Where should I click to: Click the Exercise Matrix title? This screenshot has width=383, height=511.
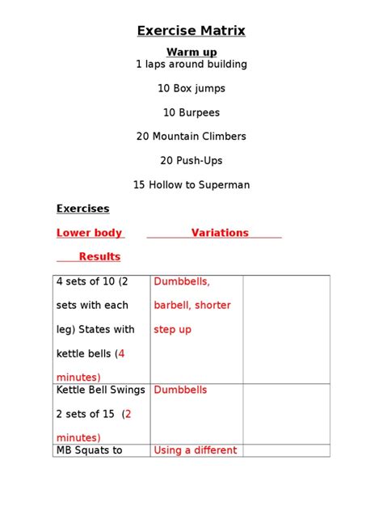click(x=191, y=32)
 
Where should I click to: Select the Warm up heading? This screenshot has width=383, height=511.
click(x=191, y=53)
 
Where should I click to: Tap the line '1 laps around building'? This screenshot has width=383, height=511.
click(x=191, y=64)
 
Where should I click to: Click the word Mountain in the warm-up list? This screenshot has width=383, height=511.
click(x=179, y=137)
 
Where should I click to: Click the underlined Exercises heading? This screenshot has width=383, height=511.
click(x=82, y=209)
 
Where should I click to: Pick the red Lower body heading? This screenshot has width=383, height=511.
click(x=89, y=233)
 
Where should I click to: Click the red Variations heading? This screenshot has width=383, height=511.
click(x=220, y=233)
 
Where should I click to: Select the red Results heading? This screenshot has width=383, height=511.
click(x=99, y=257)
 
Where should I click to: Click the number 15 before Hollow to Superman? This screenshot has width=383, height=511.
click(x=139, y=185)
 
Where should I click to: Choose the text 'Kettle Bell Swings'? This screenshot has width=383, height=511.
click(x=100, y=390)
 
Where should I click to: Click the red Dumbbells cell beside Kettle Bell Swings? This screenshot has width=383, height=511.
click(x=180, y=390)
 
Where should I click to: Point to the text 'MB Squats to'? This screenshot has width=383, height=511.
click(x=89, y=450)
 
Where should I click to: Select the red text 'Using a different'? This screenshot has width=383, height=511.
click(x=195, y=450)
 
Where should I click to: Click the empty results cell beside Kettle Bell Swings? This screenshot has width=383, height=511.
click(x=286, y=413)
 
